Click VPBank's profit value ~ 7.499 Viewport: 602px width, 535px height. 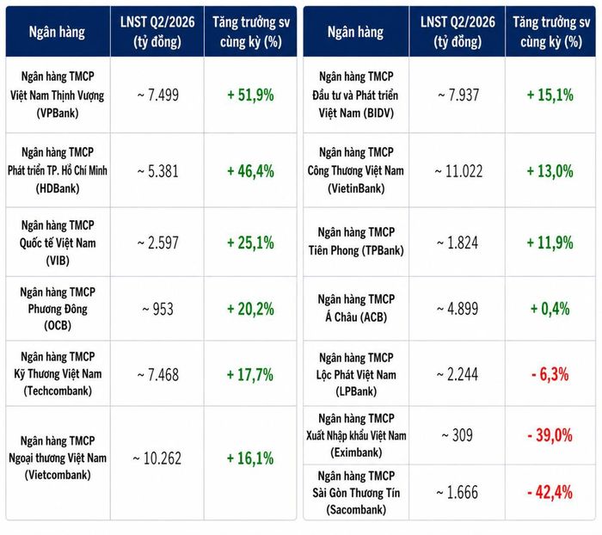157,95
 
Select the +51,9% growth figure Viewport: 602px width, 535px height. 250,95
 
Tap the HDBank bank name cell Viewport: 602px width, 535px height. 58,170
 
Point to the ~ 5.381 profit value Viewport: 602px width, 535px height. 157,171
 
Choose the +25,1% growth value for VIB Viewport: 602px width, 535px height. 250,243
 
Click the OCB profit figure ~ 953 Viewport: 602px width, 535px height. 157,309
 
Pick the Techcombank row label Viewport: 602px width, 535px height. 58,373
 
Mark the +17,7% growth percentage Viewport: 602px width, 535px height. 250,374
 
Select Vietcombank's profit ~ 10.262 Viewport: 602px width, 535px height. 157,458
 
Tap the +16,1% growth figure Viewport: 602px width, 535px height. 250,458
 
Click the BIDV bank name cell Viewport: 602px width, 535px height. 356,95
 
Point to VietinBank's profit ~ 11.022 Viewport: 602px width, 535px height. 458,171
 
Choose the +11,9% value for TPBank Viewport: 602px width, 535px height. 550,243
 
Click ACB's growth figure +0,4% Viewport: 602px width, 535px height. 550,309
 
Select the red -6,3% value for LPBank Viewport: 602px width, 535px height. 550,374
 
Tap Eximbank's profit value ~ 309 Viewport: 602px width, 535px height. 457,435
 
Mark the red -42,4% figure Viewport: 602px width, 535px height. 550,492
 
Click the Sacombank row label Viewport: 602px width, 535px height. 356,493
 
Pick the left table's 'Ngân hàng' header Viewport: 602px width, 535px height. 57,32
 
